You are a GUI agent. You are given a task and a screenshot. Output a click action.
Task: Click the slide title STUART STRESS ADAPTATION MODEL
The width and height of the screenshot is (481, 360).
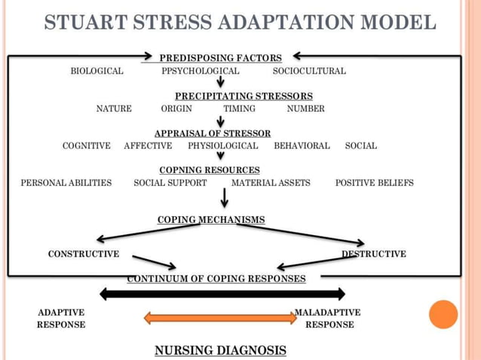click(x=240, y=23)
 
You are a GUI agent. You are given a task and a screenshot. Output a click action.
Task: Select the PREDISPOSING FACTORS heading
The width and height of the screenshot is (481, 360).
click(x=221, y=57)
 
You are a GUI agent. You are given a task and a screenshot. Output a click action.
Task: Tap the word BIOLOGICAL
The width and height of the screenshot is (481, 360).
click(x=97, y=71)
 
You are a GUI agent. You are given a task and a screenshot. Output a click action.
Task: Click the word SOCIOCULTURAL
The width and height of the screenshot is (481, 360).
click(x=309, y=71)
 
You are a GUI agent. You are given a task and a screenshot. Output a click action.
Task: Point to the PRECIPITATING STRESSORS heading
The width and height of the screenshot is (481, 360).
click(x=244, y=96)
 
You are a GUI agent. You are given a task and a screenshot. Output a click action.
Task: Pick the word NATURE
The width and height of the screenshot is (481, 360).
click(x=114, y=108)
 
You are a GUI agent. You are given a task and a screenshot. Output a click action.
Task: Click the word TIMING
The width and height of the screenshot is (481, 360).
click(x=239, y=108)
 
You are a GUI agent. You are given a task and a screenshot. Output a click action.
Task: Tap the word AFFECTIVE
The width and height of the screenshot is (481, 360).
click(x=148, y=145)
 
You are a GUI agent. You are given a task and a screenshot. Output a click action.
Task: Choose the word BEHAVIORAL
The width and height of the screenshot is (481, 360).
click(x=302, y=145)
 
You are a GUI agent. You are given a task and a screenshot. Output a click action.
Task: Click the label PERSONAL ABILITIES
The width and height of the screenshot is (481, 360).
click(x=66, y=182)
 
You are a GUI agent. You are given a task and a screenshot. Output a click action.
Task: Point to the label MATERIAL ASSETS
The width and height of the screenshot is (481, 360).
click(x=271, y=182)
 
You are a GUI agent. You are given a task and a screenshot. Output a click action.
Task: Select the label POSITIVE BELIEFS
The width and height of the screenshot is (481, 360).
click(x=374, y=182)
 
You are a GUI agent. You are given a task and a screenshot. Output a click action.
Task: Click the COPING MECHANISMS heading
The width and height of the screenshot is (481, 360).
click(x=211, y=219)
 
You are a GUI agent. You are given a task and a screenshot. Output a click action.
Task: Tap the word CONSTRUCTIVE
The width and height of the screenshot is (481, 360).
click(x=84, y=254)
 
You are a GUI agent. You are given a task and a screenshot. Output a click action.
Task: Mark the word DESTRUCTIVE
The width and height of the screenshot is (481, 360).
click(x=374, y=254)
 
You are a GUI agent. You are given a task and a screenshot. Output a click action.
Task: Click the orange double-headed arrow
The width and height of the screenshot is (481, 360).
click(x=219, y=318)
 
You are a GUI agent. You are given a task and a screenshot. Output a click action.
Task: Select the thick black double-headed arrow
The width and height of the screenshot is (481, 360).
click(x=222, y=294)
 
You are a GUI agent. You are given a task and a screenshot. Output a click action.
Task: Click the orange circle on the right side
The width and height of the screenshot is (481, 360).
click(x=443, y=314)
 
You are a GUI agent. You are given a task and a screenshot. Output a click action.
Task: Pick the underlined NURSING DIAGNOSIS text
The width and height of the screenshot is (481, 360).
click(x=220, y=350)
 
